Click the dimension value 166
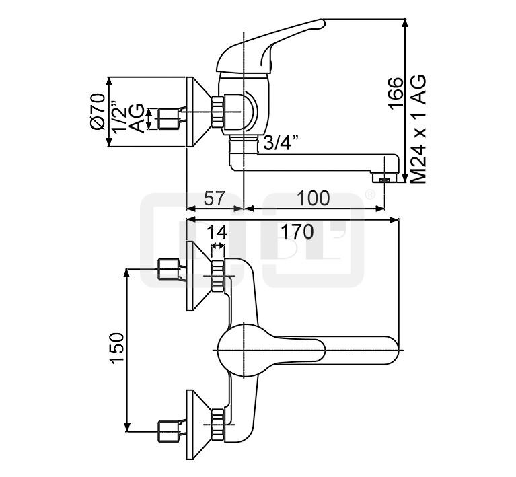(x=395, y=93)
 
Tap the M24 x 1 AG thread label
(x=419, y=129)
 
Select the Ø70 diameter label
(x=98, y=112)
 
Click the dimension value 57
(x=214, y=198)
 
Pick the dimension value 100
(x=313, y=198)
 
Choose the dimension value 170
(x=297, y=231)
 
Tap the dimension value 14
(x=217, y=231)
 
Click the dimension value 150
(x=117, y=348)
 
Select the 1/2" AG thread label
(x=128, y=117)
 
